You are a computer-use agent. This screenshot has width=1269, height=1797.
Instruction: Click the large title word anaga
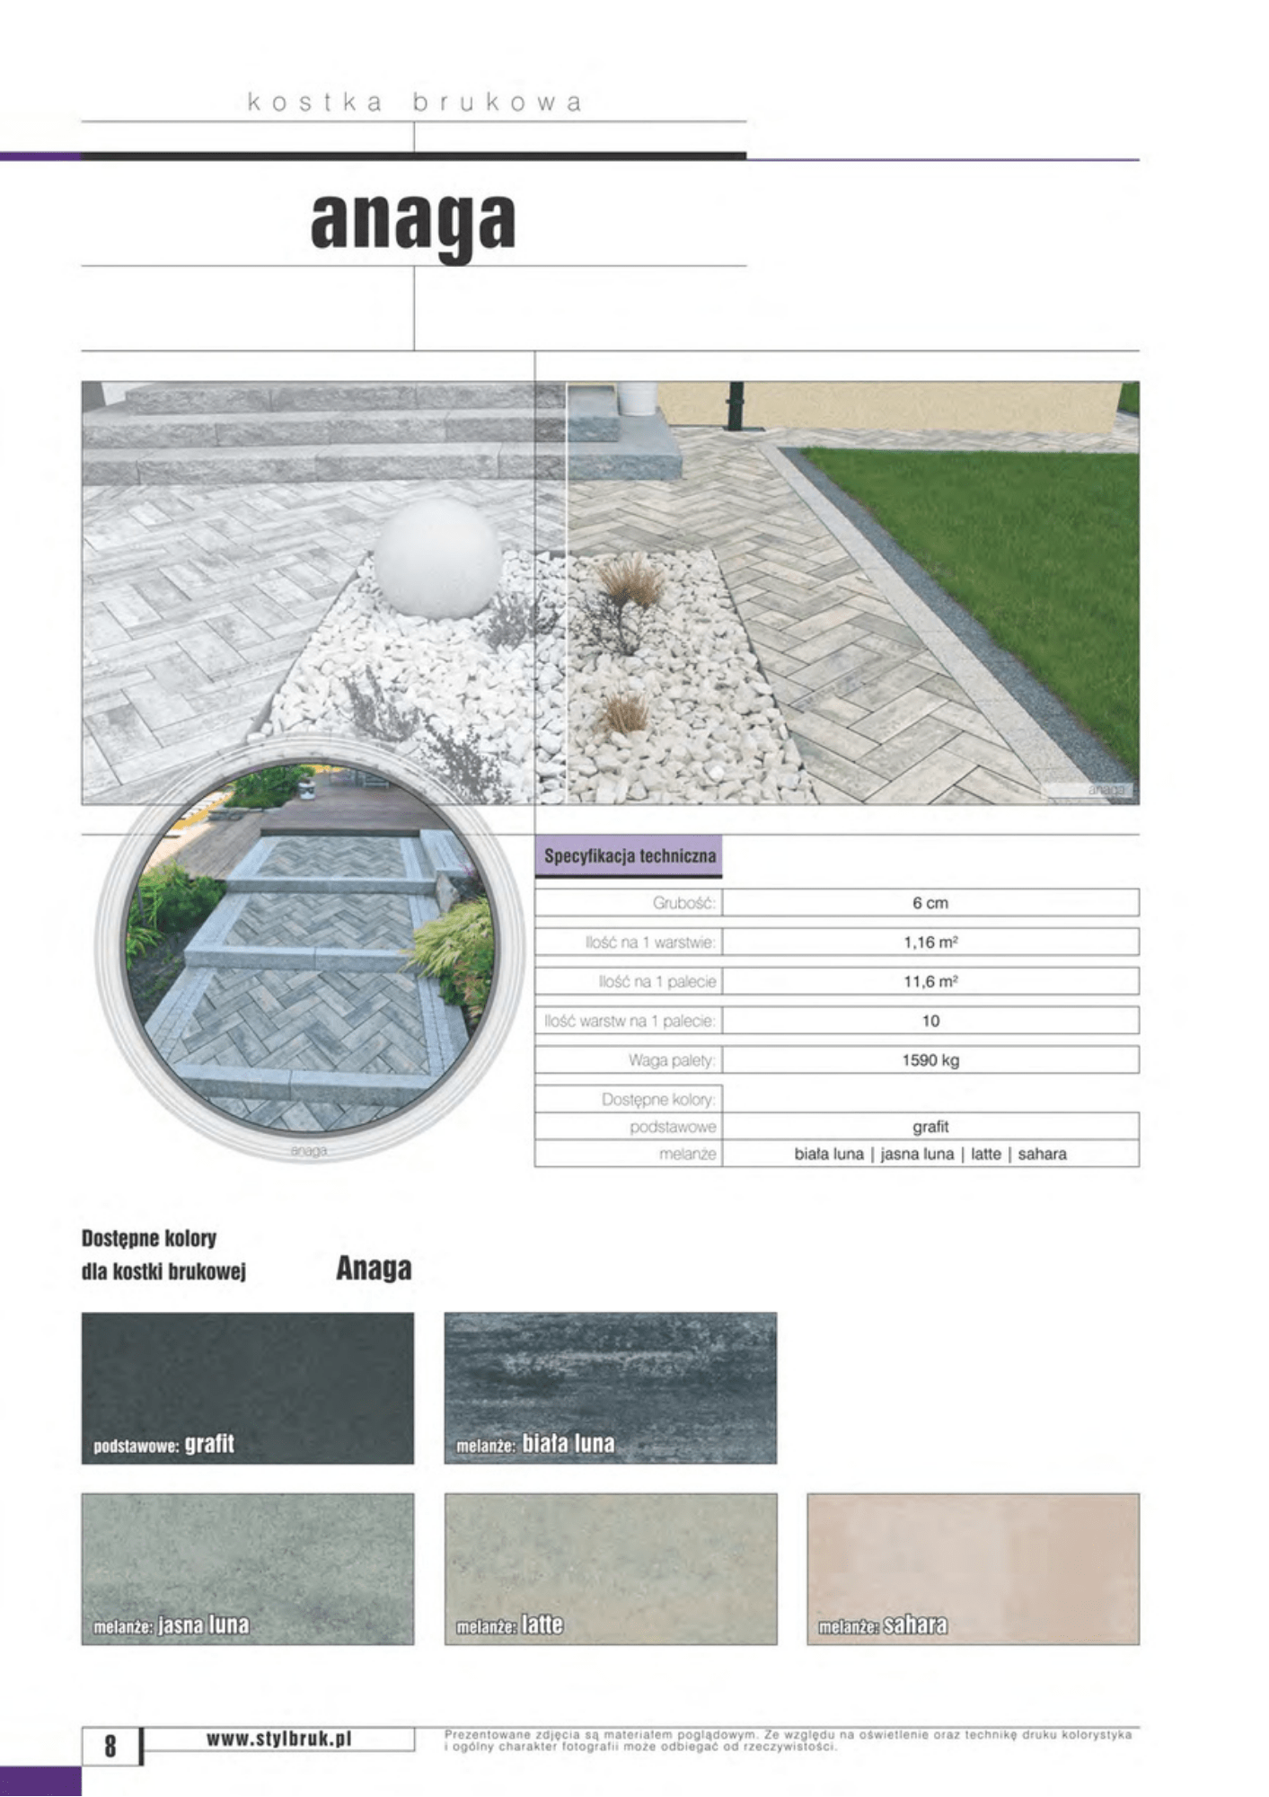(x=413, y=222)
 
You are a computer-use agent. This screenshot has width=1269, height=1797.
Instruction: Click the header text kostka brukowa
(x=414, y=102)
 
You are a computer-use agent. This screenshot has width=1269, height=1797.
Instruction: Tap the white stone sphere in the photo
(x=437, y=559)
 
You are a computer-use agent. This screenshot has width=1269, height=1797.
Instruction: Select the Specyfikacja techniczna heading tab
(x=630, y=856)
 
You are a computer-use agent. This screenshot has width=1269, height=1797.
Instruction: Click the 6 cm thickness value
(x=930, y=903)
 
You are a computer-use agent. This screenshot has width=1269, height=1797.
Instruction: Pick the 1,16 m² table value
(x=930, y=943)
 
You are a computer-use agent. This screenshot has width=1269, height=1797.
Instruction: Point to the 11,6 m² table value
(x=930, y=981)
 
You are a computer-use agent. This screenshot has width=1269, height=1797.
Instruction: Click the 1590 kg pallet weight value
(x=930, y=1060)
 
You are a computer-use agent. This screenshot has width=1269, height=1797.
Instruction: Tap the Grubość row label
(x=683, y=903)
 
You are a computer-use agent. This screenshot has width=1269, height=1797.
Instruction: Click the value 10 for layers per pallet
(x=930, y=1021)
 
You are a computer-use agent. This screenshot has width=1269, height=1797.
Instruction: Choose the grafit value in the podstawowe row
(x=930, y=1127)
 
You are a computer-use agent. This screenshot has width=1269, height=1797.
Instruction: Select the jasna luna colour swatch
(x=248, y=1569)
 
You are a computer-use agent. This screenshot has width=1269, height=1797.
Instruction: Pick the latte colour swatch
(x=611, y=1569)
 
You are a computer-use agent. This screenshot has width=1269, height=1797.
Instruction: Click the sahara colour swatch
(x=974, y=1569)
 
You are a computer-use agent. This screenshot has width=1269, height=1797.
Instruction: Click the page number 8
(x=110, y=1746)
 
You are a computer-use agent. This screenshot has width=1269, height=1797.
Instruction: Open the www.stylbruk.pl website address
(x=279, y=1739)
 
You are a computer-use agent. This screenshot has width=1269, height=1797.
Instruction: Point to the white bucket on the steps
(x=637, y=398)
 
